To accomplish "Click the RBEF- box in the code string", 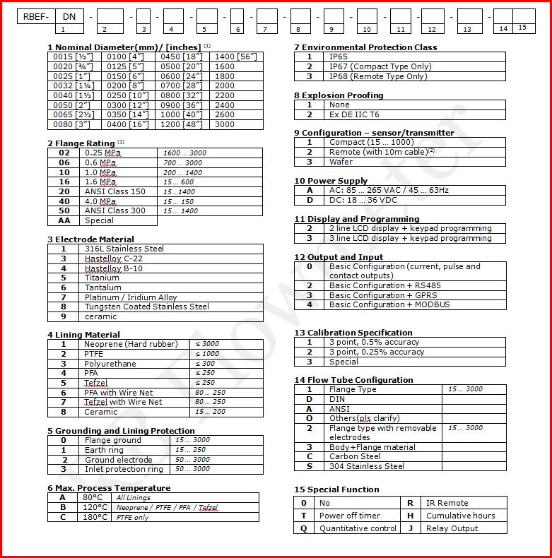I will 35,15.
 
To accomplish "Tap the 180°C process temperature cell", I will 93,517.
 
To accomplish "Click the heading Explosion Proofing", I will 339,95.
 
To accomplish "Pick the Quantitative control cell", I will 358,528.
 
